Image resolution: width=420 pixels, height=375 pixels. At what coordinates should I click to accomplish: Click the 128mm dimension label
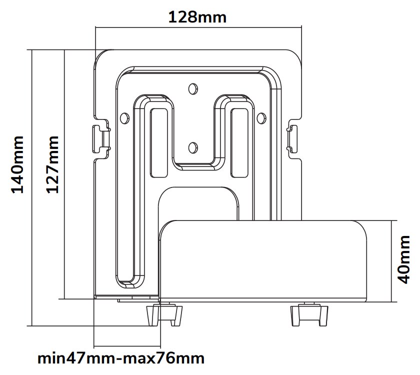(x=197, y=17)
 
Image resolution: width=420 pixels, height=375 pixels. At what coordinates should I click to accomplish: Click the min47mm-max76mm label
(x=121, y=358)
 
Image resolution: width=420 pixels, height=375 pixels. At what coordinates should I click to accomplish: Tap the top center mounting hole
(x=192, y=88)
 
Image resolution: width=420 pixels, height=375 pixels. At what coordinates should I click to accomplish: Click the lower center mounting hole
(x=192, y=147)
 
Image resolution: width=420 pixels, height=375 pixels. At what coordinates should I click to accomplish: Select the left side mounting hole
(x=124, y=117)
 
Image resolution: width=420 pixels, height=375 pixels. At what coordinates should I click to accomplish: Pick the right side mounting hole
(x=260, y=117)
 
